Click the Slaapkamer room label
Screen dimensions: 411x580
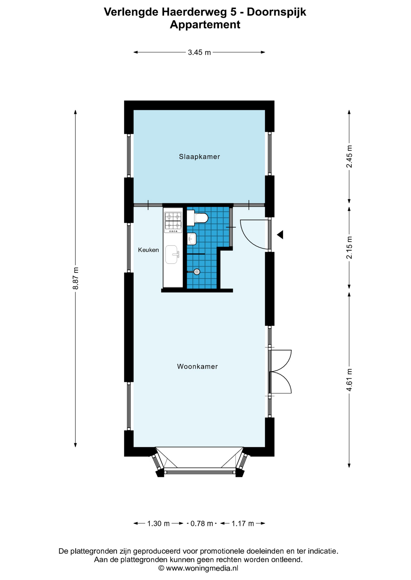199,156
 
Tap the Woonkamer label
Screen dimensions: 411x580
197,366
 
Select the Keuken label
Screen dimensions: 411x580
148,250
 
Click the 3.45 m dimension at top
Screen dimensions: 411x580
199,52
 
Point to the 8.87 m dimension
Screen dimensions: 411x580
75,278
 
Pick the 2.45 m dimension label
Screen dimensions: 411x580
349,156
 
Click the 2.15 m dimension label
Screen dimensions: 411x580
349,247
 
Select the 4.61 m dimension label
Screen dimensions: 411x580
349,380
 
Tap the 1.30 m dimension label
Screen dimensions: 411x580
158,524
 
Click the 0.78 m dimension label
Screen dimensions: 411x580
202,524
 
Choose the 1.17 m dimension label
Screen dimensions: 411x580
243,524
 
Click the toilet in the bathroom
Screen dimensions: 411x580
197,218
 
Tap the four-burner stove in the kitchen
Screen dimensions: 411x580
173,222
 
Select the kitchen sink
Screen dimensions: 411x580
172,254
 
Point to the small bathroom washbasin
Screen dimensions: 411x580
192,239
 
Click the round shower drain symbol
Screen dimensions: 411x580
197,272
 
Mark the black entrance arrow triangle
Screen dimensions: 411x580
280,234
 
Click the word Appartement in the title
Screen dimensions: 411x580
205,24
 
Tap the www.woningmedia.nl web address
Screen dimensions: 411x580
202,568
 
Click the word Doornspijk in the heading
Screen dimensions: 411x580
277,12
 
